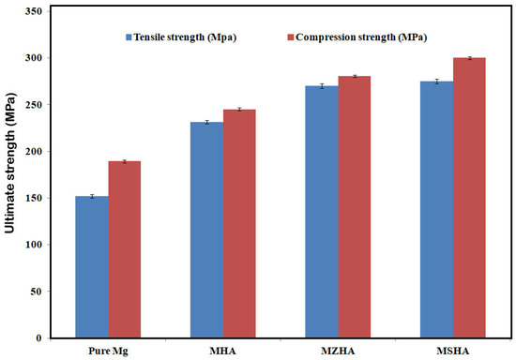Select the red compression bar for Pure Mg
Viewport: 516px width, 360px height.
click(124, 249)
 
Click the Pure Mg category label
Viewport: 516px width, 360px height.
click(107, 350)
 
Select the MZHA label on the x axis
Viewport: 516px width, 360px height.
click(338, 350)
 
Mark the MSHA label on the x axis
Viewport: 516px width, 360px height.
click(453, 350)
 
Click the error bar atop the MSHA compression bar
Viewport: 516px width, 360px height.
click(469, 58)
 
